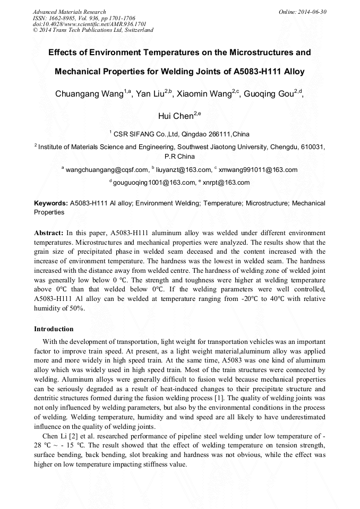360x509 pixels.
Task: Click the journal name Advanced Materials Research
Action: (69, 12)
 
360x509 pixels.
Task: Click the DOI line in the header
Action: (89, 24)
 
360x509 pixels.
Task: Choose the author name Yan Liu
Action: (150, 94)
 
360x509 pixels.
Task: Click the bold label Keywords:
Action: (51, 203)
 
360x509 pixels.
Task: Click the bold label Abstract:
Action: (49, 233)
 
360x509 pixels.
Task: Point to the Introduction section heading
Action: (54, 329)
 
